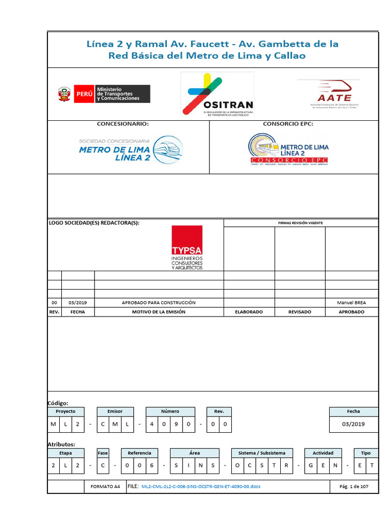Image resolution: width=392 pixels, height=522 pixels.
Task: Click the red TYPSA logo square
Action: click(x=187, y=240)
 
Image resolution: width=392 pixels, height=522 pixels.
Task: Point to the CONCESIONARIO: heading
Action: click(x=123, y=124)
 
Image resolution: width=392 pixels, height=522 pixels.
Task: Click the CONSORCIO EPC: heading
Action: click(x=288, y=124)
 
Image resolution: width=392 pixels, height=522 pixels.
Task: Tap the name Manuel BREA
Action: click(x=351, y=302)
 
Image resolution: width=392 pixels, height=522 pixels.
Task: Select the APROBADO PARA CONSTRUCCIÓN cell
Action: click(x=158, y=302)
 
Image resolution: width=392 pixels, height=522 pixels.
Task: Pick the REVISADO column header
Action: click(x=300, y=311)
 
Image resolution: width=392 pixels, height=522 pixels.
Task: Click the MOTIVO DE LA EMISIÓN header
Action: click(x=158, y=311)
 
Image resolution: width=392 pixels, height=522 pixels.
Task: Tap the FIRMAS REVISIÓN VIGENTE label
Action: click(x=300, y=223)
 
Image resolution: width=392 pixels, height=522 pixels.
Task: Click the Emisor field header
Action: click(x=115, y=411)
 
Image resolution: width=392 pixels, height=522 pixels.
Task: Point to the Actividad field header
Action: click(x=323, y=453)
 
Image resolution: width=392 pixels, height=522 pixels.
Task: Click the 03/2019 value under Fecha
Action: click(x=353, y=424)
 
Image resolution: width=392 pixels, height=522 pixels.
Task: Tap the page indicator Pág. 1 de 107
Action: click(x=354, y=486)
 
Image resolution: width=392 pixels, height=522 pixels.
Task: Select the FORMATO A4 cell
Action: click(x=105, y=486)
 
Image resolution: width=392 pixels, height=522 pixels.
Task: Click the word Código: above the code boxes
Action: click(x=58, y=403)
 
